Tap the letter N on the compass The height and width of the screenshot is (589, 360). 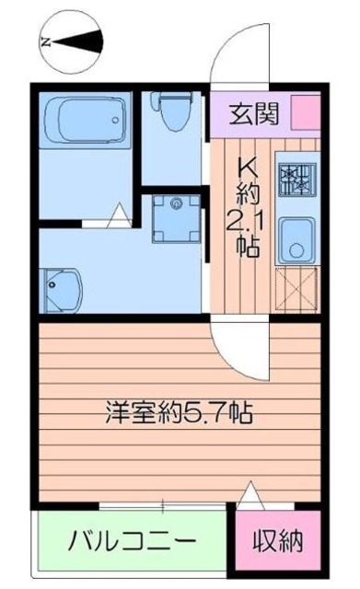pos(43,41)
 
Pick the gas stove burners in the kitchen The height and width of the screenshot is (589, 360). pos(296,179)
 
